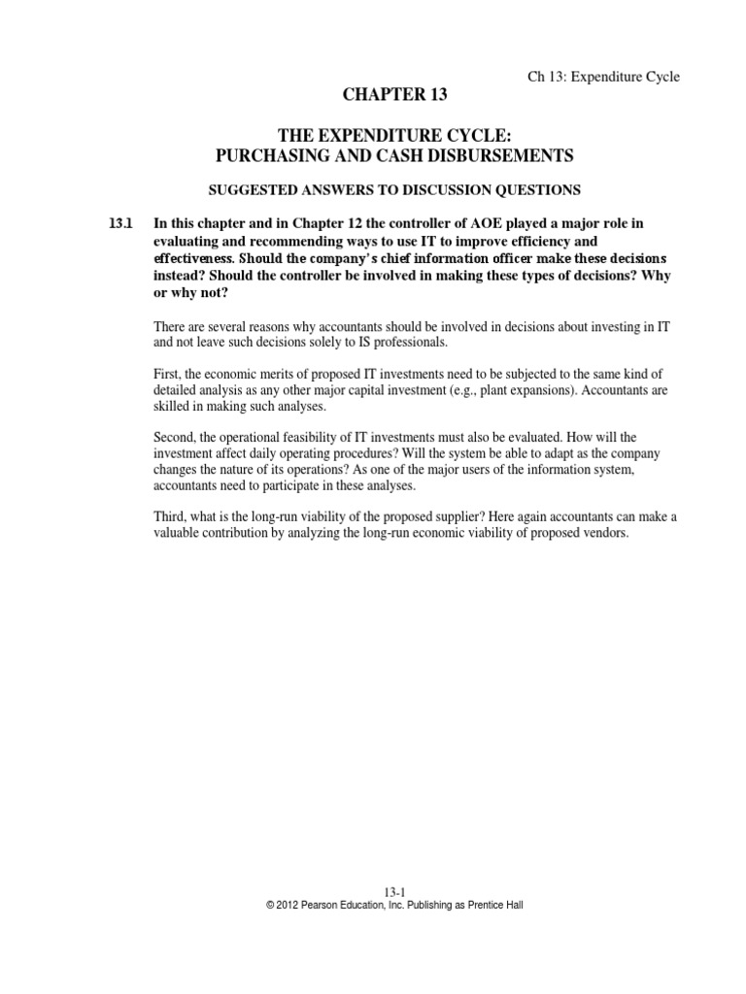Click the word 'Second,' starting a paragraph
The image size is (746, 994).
pos(177,437)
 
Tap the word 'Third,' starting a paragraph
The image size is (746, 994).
pos(172,517)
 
